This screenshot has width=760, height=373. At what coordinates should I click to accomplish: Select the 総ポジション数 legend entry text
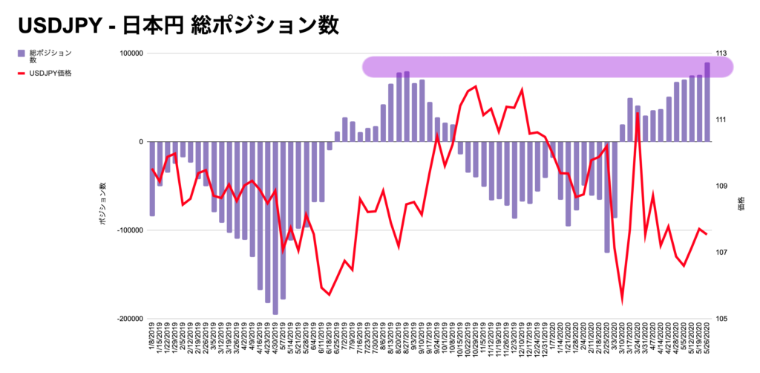(x=50, y=56)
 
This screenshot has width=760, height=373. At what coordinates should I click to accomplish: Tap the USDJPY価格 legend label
(x=50, y=73)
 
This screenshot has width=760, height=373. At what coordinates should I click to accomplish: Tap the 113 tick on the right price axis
(x=721, y=53)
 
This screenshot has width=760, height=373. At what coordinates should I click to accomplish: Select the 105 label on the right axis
(x=721, y=319)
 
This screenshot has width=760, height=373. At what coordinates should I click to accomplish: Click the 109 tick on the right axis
(x=721, y=186)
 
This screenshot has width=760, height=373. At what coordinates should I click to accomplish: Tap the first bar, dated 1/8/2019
(x=152, y=178)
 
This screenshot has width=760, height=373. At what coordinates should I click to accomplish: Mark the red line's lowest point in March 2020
(x=622, y=302)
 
